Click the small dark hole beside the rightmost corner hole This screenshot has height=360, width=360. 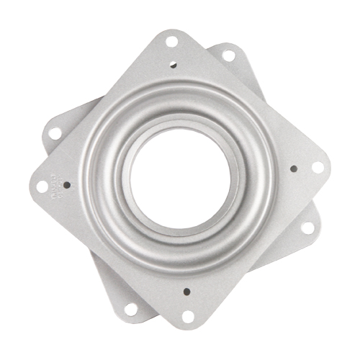[294, 169]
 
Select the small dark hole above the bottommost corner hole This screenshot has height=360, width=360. [185, 292]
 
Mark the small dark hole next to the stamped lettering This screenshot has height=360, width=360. [67, 184]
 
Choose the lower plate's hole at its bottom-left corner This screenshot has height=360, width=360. [130, 308]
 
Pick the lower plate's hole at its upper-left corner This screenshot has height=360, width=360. [55, 133]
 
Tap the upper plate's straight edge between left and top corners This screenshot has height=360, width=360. [101, 108]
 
